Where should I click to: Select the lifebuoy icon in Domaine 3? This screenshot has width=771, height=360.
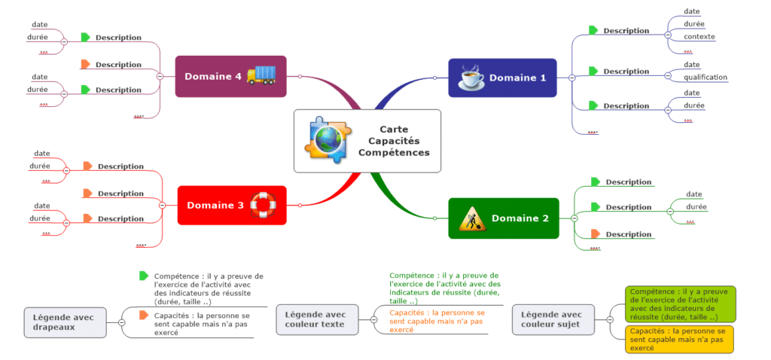264,204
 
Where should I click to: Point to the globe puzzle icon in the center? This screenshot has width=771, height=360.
326,140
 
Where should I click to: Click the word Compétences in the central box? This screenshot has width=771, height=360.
394,152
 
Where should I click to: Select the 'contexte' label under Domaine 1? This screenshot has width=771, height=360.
699,36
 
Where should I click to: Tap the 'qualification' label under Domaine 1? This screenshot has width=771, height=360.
705,77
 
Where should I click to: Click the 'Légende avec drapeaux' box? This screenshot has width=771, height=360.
65,322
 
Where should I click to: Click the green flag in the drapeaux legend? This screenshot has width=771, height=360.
144,276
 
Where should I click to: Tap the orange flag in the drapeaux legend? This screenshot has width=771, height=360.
144,315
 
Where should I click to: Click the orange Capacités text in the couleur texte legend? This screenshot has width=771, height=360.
437,321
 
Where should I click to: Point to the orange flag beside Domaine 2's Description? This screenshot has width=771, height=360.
596,233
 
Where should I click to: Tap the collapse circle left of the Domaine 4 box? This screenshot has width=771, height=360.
160,76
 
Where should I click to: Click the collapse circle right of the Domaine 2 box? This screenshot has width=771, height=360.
574,218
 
